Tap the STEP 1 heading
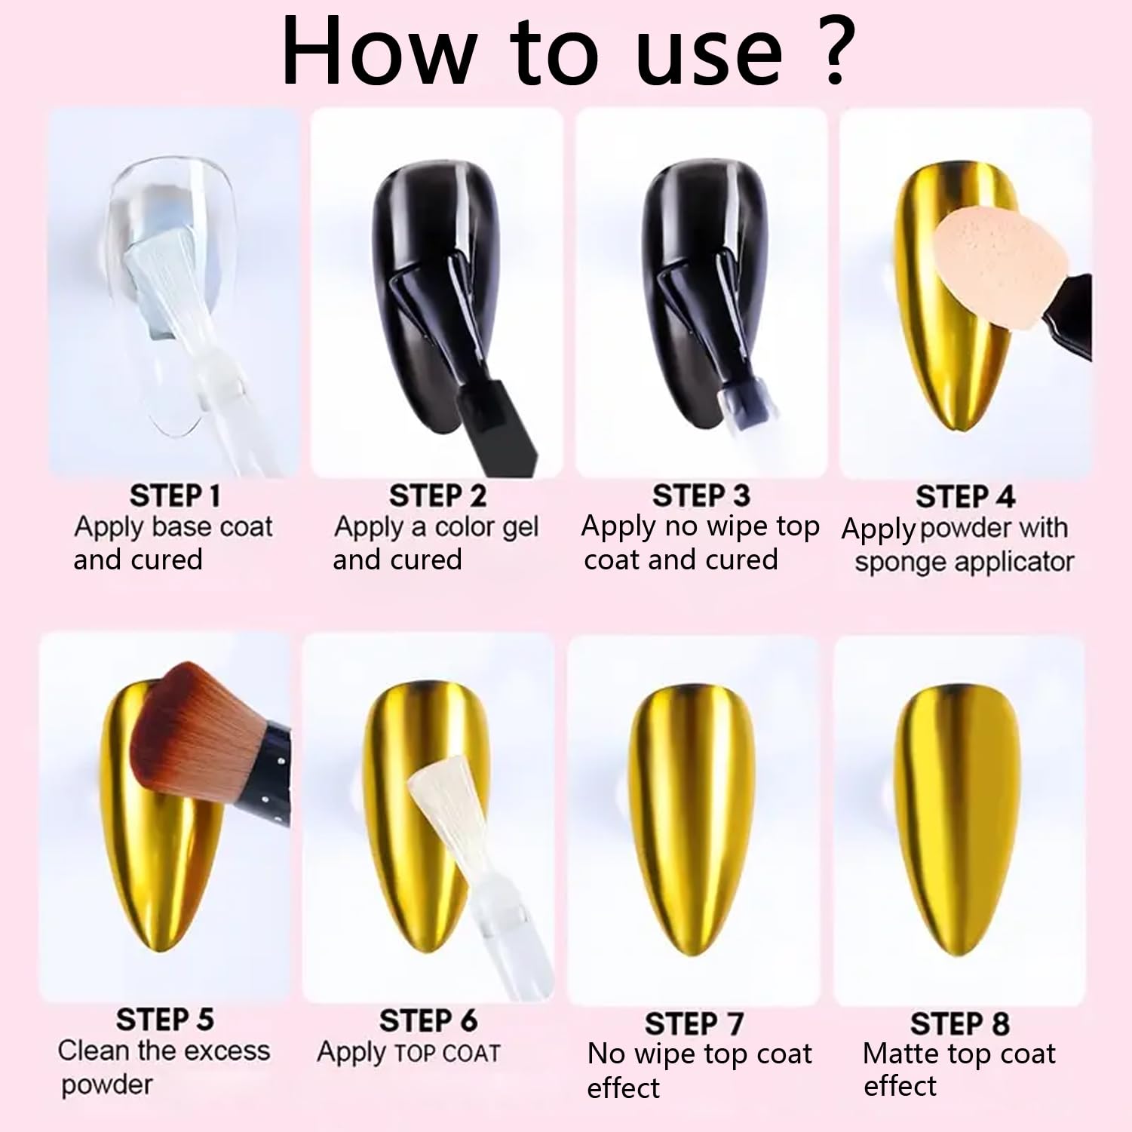coord(175,495)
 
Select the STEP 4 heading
coord(965,496)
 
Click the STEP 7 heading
coord(694,1023)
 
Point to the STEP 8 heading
coord(959,1023)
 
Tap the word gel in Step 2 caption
coord(520,528)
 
